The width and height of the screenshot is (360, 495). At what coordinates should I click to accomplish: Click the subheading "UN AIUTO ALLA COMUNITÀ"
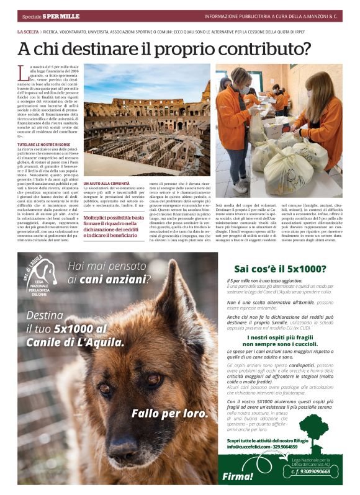click(x=107, y=184)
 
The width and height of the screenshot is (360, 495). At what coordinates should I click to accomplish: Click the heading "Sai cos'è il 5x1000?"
click(x=280, y=269)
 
